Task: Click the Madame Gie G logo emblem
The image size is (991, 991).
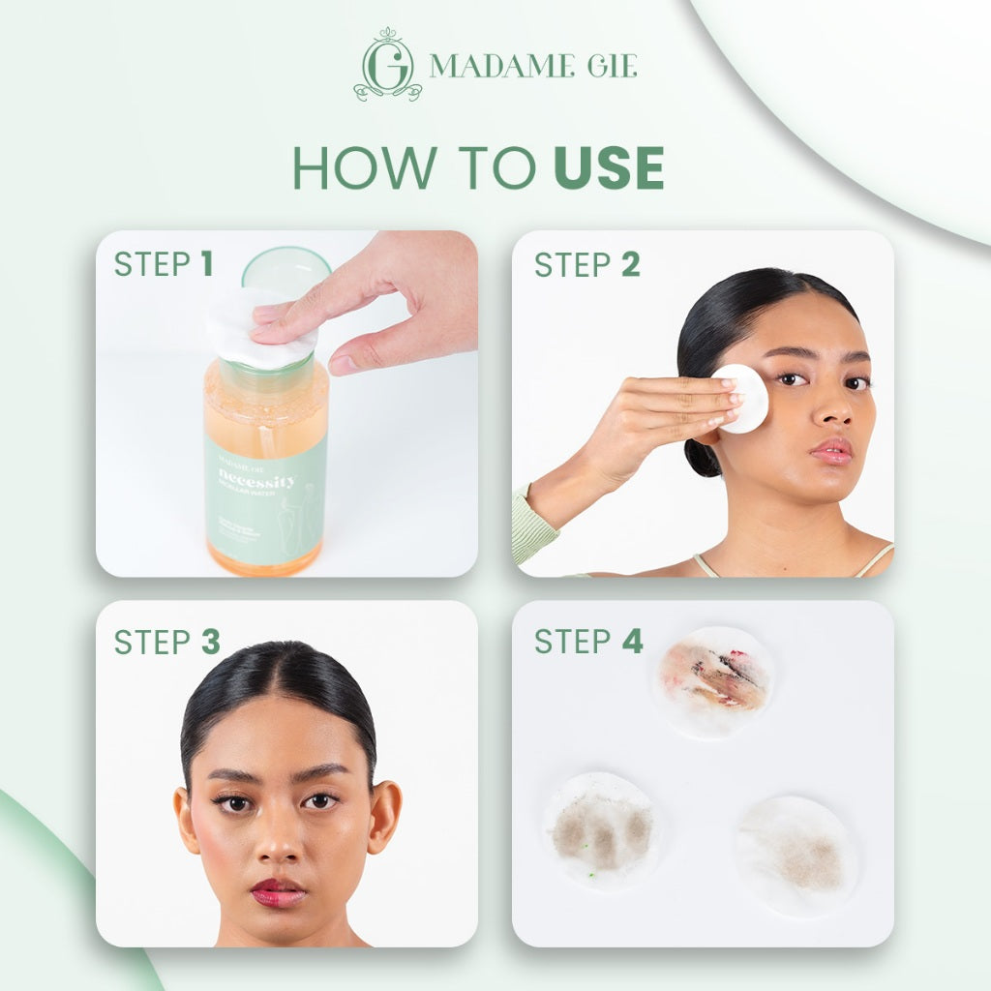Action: pos(388,65)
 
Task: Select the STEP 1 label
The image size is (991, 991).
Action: pos(163,264)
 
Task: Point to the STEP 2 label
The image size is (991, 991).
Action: pos(586,264)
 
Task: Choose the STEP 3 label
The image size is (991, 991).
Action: pos(166,642)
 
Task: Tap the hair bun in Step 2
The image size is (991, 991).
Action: pos(701,455)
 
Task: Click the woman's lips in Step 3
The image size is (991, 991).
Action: pos(279,890)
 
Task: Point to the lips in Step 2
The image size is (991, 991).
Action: pos(831,450)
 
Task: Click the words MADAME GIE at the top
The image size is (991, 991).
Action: pos(533,66)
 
